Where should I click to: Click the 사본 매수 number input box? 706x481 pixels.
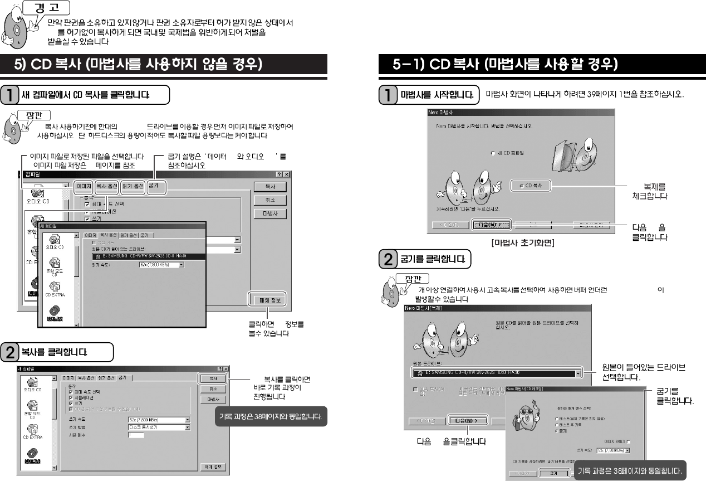(x=135, y=435)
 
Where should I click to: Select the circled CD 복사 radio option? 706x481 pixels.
(x=531, y=186)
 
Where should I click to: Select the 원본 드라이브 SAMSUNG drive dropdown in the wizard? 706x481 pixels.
(x=496, y=372)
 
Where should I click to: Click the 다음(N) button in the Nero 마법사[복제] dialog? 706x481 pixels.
(x=467, y=420)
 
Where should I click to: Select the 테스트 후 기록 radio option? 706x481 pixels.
(x=557, y=424)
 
